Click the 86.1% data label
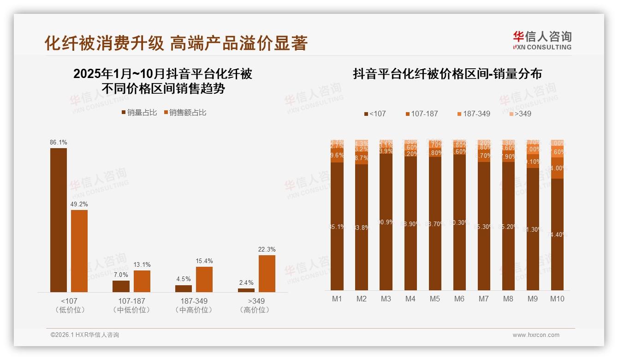59,143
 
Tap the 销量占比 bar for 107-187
121,286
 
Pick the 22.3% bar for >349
267,273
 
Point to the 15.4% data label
204,261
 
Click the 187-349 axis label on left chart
194,301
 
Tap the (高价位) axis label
255,310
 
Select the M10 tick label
557,299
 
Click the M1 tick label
337,299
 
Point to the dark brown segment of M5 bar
435,223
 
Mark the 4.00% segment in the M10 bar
557,168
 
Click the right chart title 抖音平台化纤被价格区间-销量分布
447,74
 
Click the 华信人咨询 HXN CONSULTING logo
542,40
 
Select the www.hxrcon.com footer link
536,335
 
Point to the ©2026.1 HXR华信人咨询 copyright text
85,335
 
